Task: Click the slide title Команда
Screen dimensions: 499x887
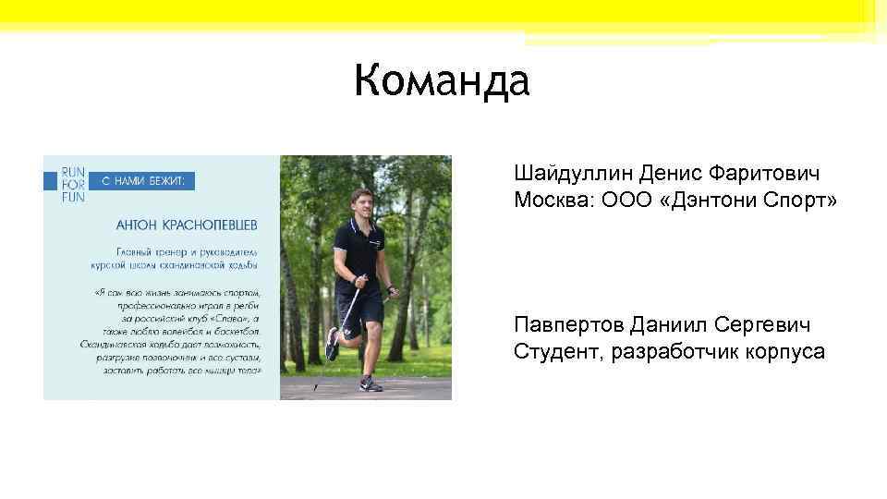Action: [442, 81]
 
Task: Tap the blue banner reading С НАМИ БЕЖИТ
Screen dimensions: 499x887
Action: [142, 182]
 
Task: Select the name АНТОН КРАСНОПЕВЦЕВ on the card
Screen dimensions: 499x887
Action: [188, 225]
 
